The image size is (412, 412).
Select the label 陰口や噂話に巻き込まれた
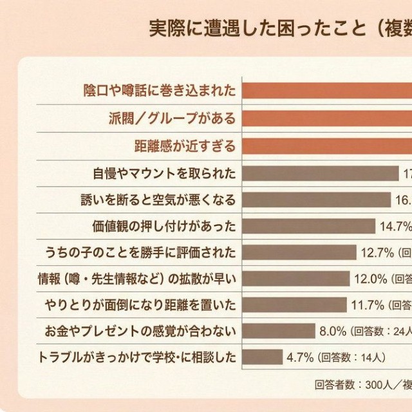click(160, 91)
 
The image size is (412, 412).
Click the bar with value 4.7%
click(263, 357)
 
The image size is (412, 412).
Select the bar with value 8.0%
click(279, 331)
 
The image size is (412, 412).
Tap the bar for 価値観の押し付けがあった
click(308, 226)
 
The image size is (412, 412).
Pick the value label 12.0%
click(370, 279)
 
